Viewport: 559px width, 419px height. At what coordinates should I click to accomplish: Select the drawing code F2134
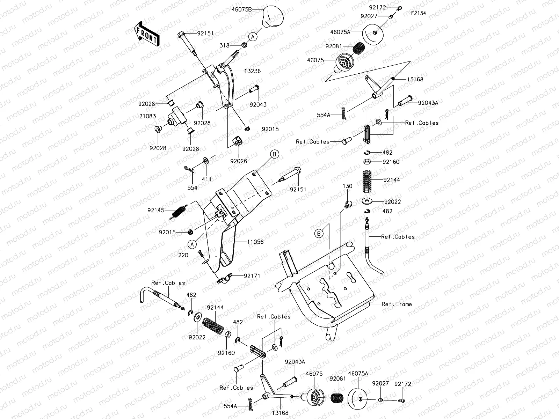pos(418,13)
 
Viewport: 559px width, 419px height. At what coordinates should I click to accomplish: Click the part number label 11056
pos(255,242)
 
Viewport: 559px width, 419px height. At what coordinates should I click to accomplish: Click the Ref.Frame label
pos(397,304)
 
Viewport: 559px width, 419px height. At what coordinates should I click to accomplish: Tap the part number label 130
pos(347,186)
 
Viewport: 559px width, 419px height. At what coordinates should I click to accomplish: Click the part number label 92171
pos(252,276)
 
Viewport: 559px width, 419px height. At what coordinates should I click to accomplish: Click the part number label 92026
pos(238,161)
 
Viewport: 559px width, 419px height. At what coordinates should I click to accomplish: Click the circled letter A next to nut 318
pos(253,36)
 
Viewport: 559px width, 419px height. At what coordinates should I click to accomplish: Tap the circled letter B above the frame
pos(319,234)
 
